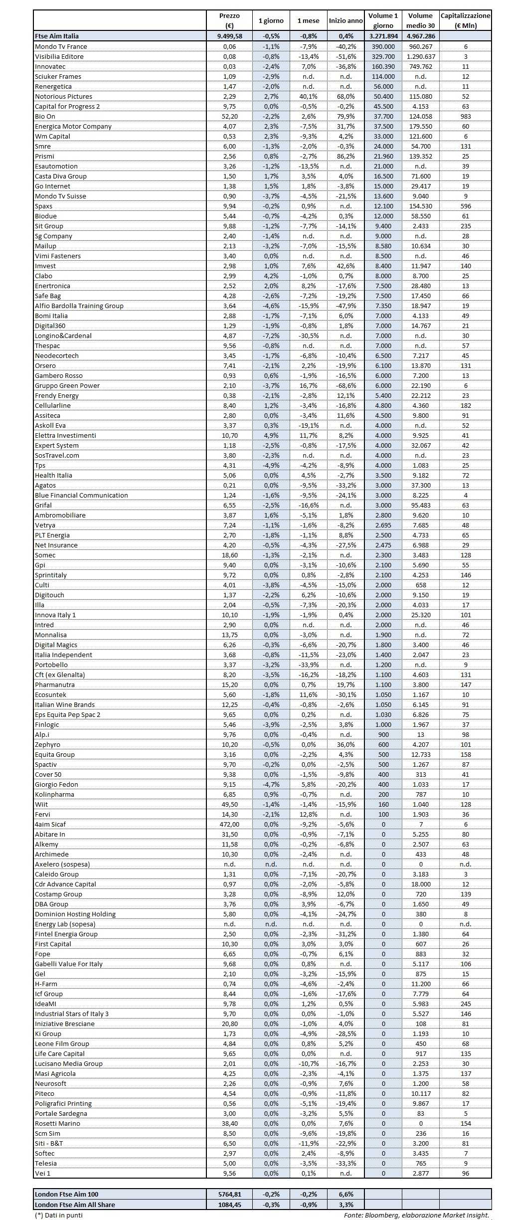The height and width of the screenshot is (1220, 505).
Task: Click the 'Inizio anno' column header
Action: click(345, 21)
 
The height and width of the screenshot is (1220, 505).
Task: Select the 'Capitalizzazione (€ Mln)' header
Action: click(466, 21)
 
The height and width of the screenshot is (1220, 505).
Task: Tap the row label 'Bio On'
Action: click(45, 116)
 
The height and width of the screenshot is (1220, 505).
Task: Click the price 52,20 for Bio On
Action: click(229, 116)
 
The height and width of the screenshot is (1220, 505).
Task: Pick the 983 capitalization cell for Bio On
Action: click(466, 116)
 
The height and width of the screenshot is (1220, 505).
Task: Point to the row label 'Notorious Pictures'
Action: click(63, 96)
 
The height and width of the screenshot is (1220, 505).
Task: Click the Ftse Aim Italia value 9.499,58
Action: click(229, 36)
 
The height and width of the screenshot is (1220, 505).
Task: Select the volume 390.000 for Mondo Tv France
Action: click(383, 46)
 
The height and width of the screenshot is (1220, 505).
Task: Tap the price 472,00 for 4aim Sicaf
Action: click(229, 824)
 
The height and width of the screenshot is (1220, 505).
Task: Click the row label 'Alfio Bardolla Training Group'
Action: click(79, 306)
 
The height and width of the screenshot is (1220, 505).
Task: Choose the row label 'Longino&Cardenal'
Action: click(63, 336)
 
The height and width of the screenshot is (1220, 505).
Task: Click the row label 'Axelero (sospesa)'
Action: click(62, 864)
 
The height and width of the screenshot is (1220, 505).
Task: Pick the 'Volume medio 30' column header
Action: click(420, 21)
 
